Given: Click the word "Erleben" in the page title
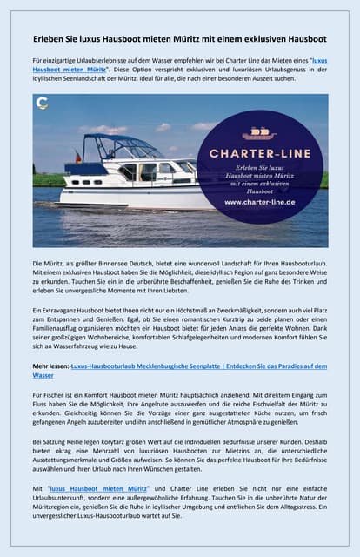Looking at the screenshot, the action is pos(48,38).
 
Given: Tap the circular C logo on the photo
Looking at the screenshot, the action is pos(41,102).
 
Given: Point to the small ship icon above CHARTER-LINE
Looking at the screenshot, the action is pos(259,133).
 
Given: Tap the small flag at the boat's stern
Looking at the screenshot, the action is pos(77,157).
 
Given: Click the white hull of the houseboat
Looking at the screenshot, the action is pos(130,193).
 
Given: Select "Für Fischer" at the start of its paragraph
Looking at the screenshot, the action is pos(48,394).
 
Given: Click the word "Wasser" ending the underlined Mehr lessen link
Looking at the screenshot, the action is pos(43,376).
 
